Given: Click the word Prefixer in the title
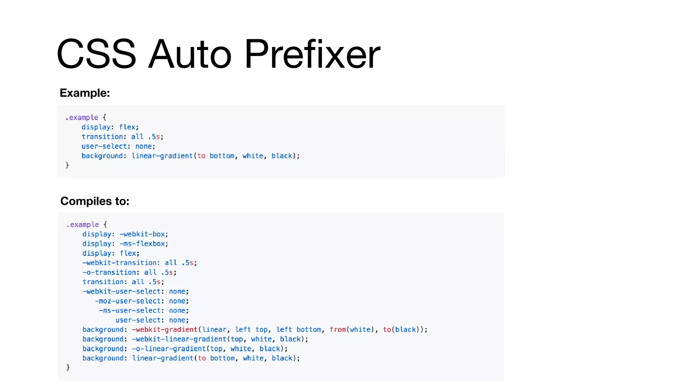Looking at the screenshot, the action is click(x=312, y=54).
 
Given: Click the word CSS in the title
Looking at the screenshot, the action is click(x=97, y=54).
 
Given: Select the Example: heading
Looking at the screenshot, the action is click(x=85, y=93).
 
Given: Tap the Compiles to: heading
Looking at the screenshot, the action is click(x=95, y=201).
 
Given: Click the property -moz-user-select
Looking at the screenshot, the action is click(x=128, y=301).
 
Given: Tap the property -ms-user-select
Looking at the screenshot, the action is click(x=130, y=311).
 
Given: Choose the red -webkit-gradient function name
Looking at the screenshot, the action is click(x=165, y=330).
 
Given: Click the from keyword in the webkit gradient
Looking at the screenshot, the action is click(x=337, y=330).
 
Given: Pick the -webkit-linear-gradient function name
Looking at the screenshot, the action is click(x=179, y=339).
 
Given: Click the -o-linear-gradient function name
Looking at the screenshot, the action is click(x=169, y=349).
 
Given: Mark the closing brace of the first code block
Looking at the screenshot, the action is click(x=67, y=165).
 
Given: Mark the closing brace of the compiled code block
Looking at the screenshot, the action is click(x=68, y=368).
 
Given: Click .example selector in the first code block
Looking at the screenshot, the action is click(x=82, y=118).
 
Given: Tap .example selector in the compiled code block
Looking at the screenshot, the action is click(x=83, y=225).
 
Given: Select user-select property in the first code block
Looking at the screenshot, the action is click(x=104, y=146).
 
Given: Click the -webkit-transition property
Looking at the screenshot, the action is click(x=119, y=263).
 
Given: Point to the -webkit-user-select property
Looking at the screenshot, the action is click(x=121, y=292).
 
